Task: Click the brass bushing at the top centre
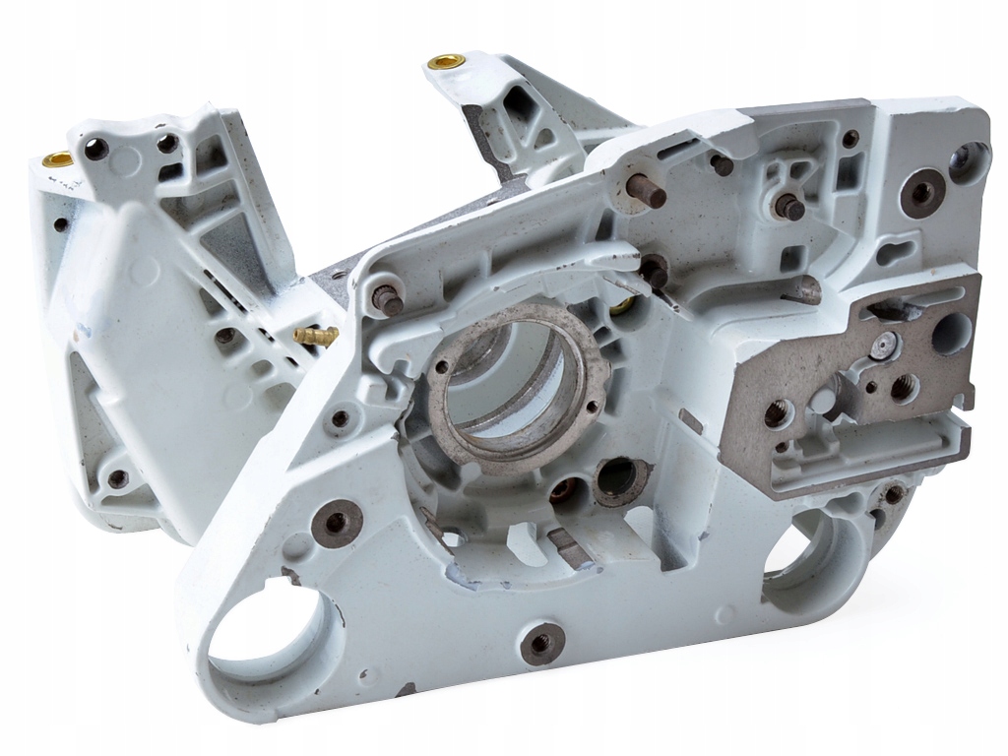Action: [x=446, y=62]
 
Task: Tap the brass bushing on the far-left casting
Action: [x=57, y=158]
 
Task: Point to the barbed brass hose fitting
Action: [x=316, y=335]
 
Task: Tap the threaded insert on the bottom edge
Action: [x=541, y=644]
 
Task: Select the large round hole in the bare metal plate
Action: [x=951, y=334]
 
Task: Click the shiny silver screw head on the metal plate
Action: [x=885, y=345]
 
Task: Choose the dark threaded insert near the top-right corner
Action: [x=922, y=193]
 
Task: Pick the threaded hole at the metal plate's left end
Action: [x=776, y=413]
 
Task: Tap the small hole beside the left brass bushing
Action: [x=95, y=149]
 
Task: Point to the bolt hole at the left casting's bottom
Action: [x=117, y=479]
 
